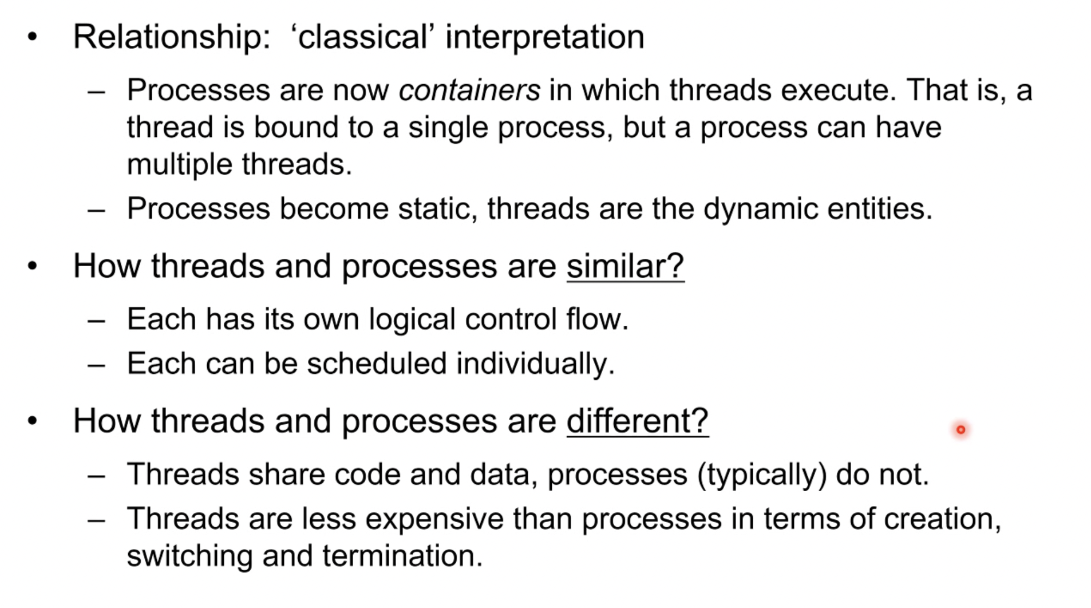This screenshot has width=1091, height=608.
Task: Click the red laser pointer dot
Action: click(960, 429)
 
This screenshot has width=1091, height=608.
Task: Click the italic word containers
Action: click(469, 90)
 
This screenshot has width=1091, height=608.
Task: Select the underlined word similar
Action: click(626, 266)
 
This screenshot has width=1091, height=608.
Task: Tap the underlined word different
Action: click(638, 421)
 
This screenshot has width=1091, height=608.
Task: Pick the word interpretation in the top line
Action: click(545, 38)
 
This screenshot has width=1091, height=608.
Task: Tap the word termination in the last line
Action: click(402, 556)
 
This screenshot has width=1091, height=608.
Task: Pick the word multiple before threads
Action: click(180, 165)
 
